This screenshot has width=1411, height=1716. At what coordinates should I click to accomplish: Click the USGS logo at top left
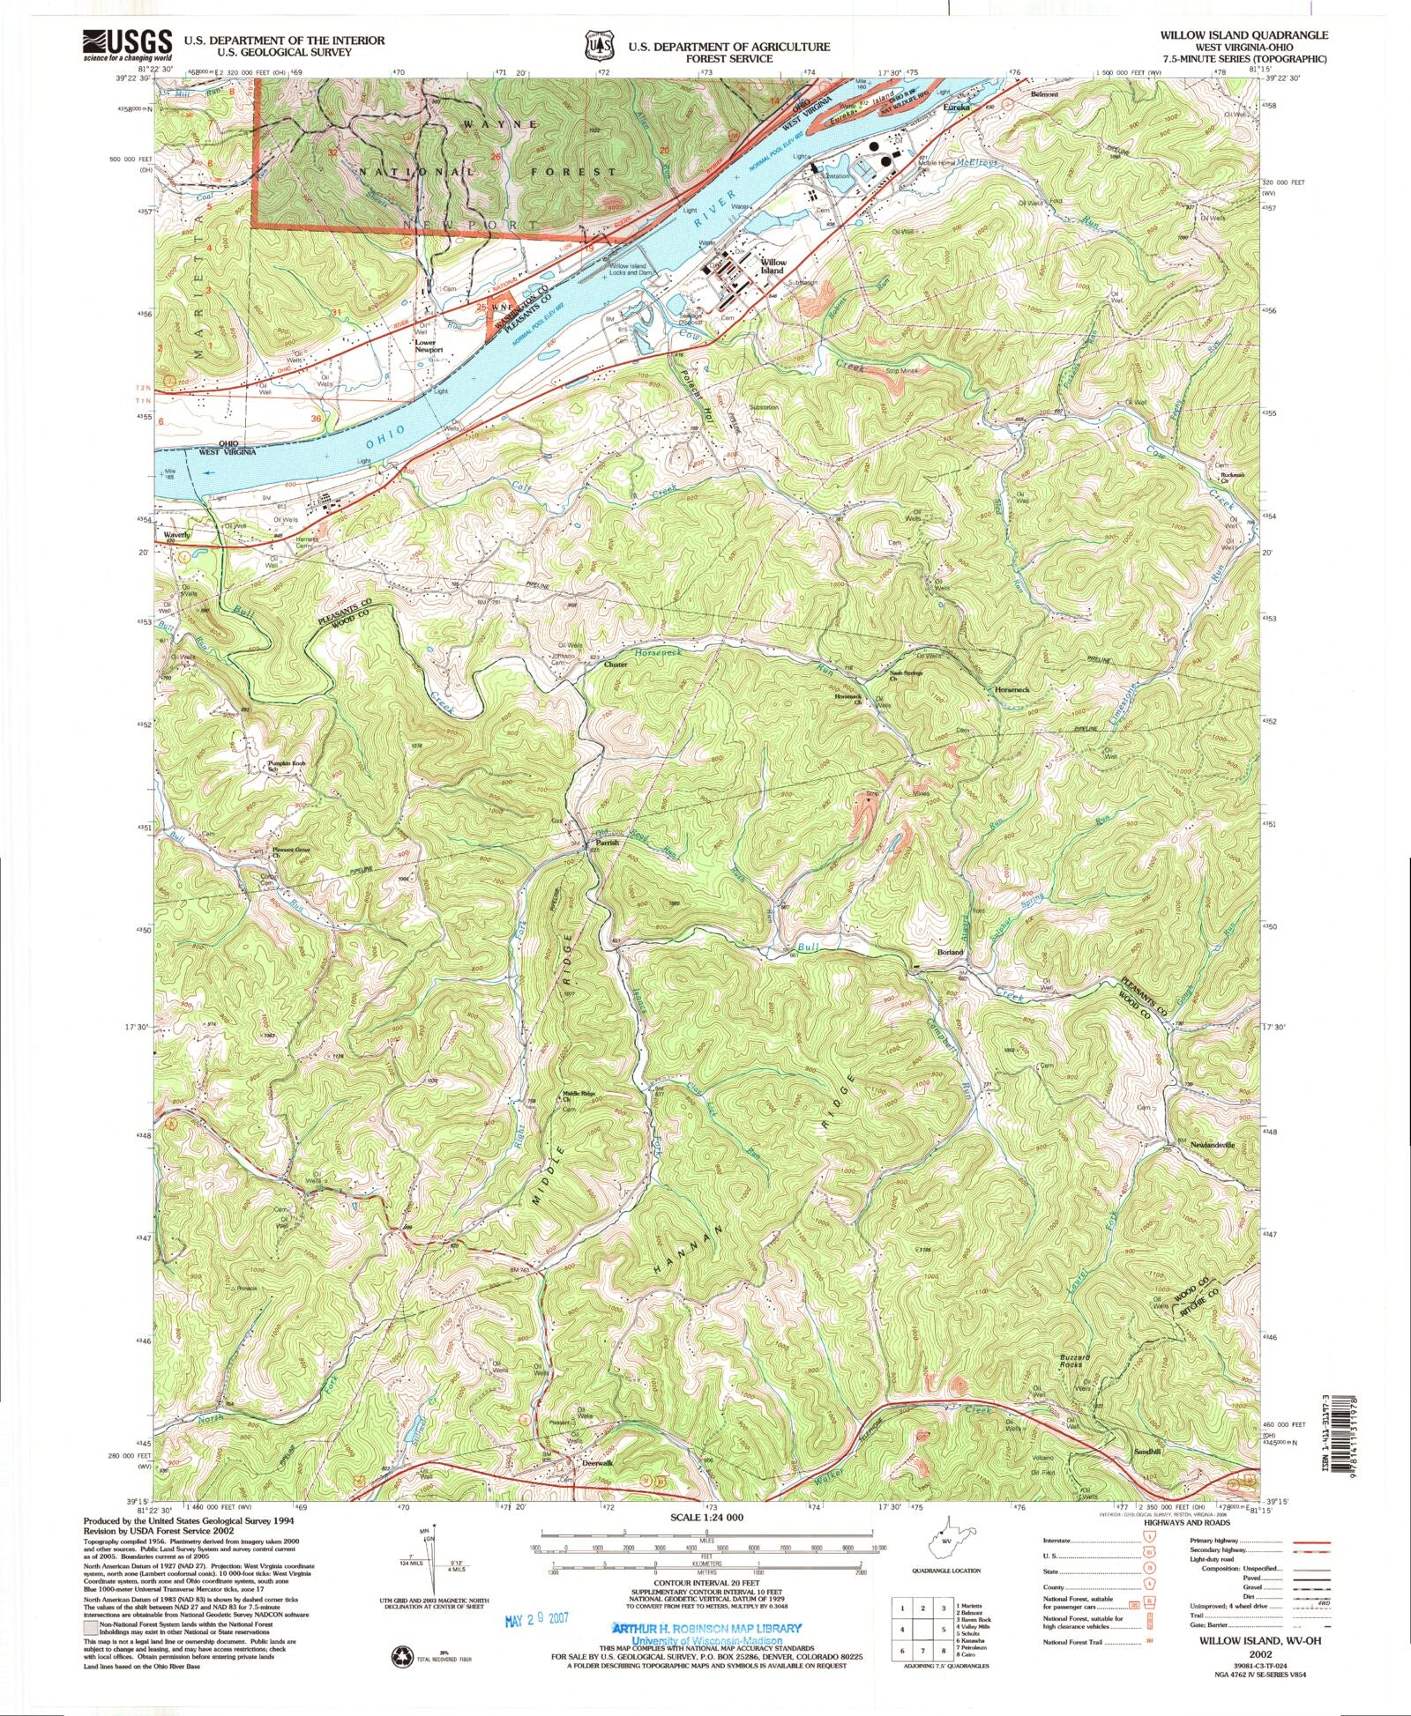116,45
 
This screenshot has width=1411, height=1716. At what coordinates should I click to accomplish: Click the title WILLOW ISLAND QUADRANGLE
1255,34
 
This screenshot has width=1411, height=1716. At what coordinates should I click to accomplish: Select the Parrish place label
607,843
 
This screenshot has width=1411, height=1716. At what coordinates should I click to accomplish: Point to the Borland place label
950,953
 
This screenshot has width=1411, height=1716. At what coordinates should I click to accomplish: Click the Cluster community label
615,665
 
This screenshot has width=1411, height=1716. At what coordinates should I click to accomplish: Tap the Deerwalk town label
597,1463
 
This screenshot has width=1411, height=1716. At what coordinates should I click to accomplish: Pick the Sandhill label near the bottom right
1147,1451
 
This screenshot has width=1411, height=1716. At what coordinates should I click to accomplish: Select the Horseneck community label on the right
1012,688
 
